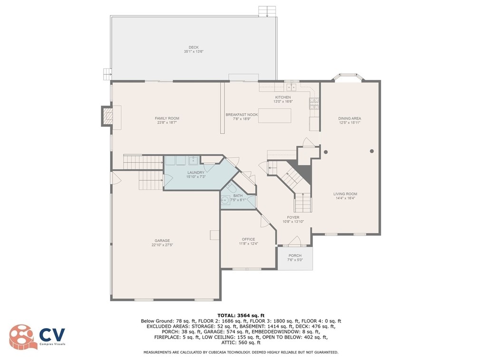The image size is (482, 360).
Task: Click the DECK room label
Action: click(x=193, y=47)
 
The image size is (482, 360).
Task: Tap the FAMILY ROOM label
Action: click(x=167, y=118)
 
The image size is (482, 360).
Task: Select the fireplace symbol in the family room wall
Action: click(x=107, y=116)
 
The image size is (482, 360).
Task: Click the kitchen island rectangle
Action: click(x=274, y=115)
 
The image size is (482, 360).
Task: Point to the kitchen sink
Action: click(x=291, y=87)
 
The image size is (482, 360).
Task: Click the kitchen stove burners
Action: click(x=314, y=104)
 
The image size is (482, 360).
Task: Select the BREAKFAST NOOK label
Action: click(x=242, y=114)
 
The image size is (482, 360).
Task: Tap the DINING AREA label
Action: click(x=349, y=118)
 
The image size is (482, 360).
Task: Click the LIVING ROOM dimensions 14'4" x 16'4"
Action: click(x=345, y=198)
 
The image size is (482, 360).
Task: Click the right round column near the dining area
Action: click(x=372, y=151)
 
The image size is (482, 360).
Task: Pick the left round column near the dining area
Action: click(x=326, y=152)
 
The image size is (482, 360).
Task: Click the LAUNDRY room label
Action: click(x=196, y=172)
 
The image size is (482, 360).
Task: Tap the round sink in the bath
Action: click(x=225, y=200)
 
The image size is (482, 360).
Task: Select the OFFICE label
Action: click(x=249, y=239)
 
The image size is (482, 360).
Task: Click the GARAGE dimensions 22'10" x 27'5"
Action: click(x=162, y=245)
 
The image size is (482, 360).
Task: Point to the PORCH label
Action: click(x=295, y=256)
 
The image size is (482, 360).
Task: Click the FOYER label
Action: click(x=293, y=218)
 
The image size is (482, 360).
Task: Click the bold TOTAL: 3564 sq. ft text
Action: click(x=241, y=315)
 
